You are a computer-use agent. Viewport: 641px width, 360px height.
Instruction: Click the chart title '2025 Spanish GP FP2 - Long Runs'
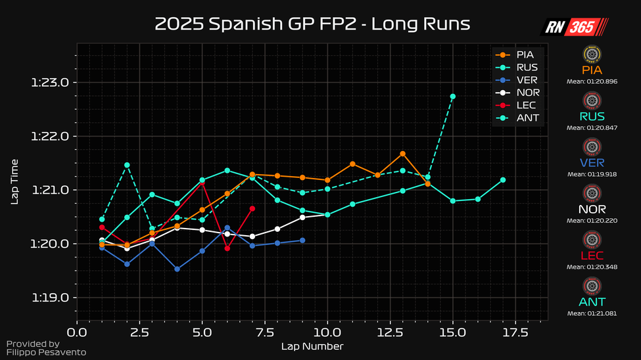click(x=312, y=24)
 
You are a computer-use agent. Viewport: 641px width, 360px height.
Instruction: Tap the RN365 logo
click(x=574, y=27)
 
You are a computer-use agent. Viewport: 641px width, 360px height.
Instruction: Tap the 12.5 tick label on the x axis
click(x=390, y=332)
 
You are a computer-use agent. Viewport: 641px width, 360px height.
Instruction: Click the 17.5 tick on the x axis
click(x=515, y=332)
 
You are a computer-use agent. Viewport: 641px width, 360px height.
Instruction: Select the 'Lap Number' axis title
click(x=312, y=346)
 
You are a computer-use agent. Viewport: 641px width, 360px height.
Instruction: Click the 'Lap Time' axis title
click(x=14, y=181)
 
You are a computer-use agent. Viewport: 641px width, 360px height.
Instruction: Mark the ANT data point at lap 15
click(x=453, y=97)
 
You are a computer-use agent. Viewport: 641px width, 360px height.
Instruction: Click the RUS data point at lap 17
click(x=503, y=180)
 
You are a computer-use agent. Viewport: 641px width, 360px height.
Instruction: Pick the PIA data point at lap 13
click(x=402, y=154)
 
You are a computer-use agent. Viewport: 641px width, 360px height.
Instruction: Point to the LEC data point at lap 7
click(x=252, y=208)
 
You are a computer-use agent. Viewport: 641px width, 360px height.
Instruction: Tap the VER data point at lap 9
click(x=302, y=240)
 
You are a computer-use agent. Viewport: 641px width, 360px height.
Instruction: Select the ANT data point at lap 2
click(x=127, y=165)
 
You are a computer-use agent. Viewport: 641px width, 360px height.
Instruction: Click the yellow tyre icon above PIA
click(x=592, y=54)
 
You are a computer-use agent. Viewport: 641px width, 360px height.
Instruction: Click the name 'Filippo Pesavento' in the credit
click(x=37, y=353)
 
